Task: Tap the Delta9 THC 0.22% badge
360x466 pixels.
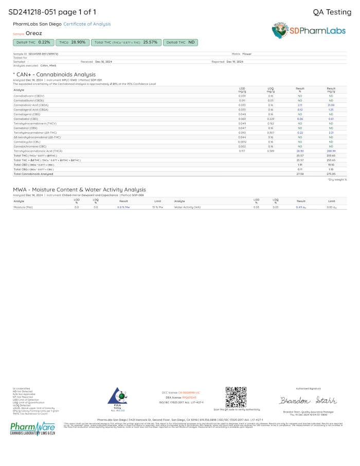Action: click(33, 42)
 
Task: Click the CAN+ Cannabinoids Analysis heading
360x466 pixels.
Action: click(54, 75)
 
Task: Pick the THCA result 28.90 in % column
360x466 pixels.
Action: click(300, 151)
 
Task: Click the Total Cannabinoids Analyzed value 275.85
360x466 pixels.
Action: click(331, 174)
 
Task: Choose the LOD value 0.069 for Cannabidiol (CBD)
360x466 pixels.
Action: click(242, 118)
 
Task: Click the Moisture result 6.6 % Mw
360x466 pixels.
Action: click(123, 207)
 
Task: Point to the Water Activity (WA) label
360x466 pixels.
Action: click(187, 207)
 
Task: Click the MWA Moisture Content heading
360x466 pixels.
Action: click(79, 190)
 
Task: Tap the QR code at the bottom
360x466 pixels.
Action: click(236, 397)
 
